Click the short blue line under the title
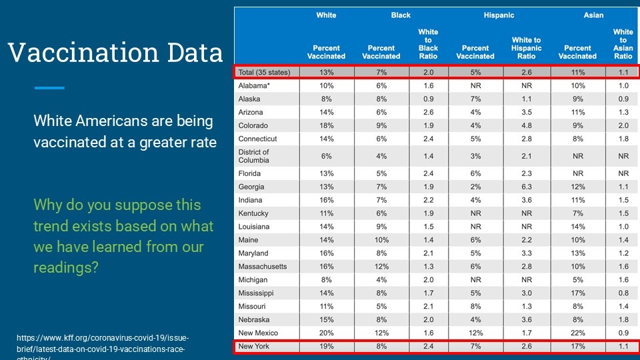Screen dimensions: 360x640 point(49,87)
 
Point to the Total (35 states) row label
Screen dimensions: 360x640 point(263,73)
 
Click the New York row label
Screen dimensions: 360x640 point(253,347)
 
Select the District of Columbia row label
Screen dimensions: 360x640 point(253,156)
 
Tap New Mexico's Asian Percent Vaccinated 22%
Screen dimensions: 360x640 point(577,333)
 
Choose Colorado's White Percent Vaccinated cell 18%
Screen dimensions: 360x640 point(326,126)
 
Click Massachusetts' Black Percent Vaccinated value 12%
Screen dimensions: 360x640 point(381,267)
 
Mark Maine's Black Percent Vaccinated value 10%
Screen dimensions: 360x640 point(381,240)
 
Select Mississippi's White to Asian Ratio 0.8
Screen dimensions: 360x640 point(623,293)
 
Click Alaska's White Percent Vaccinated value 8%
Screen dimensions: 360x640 point(326,99)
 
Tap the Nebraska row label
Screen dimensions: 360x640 point(253,319)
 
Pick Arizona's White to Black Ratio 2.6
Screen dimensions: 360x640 point(428,113)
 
